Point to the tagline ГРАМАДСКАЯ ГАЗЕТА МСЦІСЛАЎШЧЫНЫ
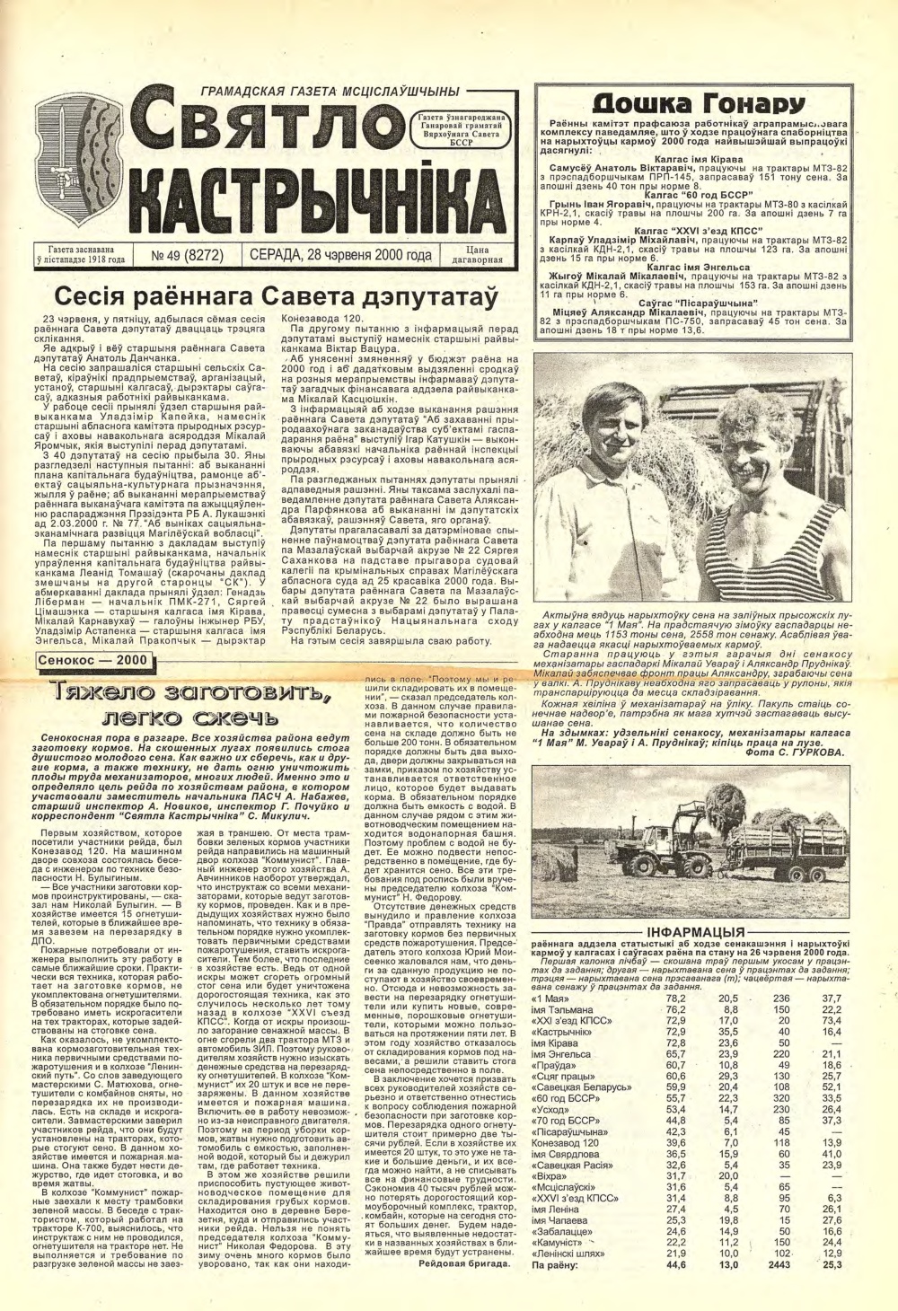pyautogui.click(x=330, y=92)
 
